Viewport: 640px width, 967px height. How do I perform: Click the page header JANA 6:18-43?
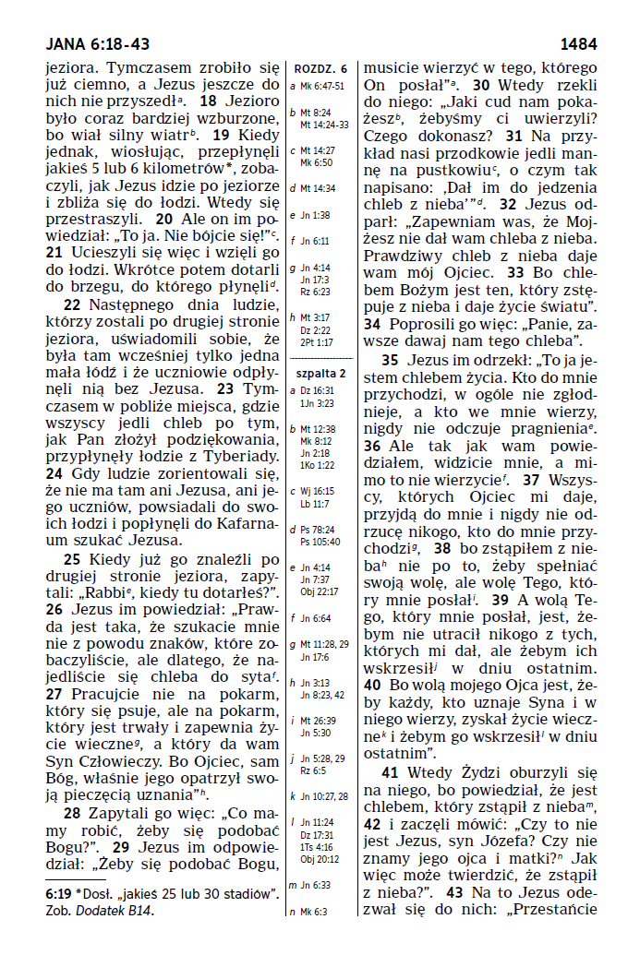(x=97, y=43)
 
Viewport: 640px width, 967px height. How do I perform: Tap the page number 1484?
(x=578, y=43)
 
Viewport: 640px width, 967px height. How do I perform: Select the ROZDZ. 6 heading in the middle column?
(x=320, y=69)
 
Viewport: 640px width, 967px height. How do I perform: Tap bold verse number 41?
(x=390, y=773)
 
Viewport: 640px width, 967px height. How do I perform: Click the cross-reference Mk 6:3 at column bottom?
(x=315, y=912)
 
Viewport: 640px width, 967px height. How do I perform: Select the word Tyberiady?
(x=239, y=456)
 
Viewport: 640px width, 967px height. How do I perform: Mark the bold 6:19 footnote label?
(x=60, y=894)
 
